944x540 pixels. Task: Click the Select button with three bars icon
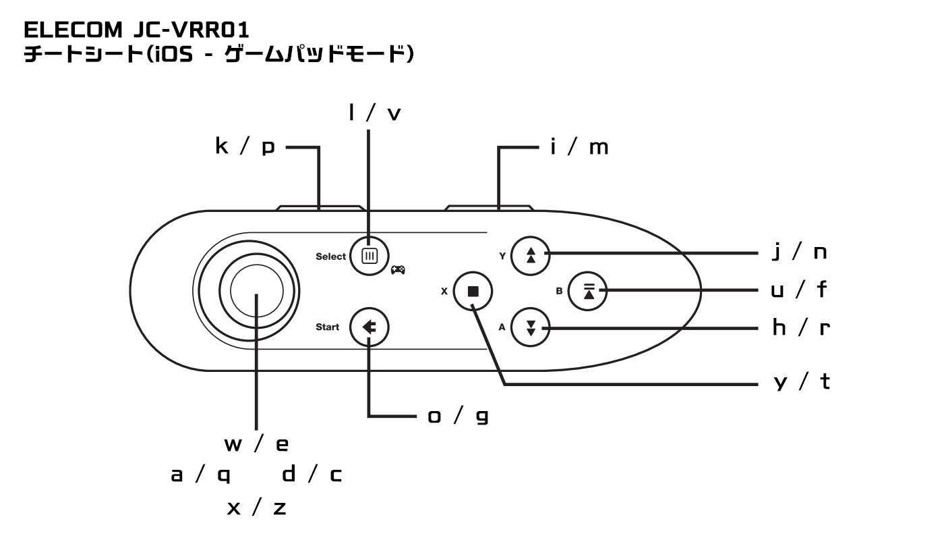tap(369, 256)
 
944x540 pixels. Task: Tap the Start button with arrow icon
tap(369, 327)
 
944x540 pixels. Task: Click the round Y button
tap(531, 254)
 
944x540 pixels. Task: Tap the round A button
tap(531, 328)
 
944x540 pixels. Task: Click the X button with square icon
tap(473, 292)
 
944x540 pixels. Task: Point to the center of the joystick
tap(256, 291)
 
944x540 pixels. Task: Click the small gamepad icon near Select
tap(399, 269)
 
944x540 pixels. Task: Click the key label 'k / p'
tap(245, 147)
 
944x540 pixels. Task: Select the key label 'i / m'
tap(579, 147)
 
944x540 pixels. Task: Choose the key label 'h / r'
tap(800, 328)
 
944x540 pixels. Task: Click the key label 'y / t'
tap(800, 383)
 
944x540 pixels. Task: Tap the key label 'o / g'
tap(458, 416)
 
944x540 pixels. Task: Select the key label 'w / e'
tap(256, 445)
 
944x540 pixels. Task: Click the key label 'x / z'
tap(256, 508)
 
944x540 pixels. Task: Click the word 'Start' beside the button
tap(328, 328)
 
